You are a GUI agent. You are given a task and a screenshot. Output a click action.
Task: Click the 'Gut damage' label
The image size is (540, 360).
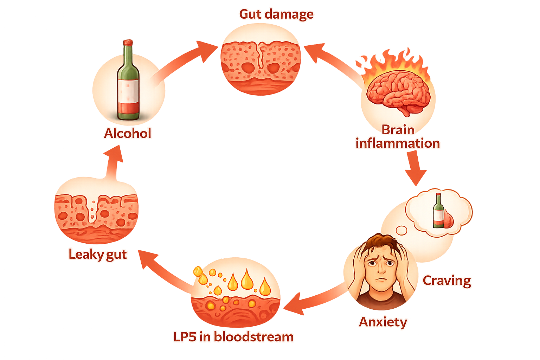point(276,14)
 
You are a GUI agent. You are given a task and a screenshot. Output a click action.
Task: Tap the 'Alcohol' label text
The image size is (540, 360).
point(128,134)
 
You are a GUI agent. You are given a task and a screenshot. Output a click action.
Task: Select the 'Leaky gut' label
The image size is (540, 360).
point(97,254)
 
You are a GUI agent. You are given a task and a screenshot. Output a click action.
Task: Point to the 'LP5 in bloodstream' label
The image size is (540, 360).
point(233,337)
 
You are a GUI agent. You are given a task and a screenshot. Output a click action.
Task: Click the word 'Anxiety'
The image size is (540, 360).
point(383,322)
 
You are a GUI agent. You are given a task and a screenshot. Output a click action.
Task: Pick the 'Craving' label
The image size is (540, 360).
point(446,281)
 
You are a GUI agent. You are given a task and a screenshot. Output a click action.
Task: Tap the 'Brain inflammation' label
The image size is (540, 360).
point(398,136)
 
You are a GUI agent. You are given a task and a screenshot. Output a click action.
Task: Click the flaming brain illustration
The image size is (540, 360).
point(398,88)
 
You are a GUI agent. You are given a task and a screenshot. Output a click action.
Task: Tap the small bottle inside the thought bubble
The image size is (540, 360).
point(438,211)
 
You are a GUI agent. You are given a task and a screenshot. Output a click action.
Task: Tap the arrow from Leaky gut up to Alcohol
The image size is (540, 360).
point(112,162)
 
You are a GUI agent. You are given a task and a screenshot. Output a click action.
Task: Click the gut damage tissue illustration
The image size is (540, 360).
point(261,63)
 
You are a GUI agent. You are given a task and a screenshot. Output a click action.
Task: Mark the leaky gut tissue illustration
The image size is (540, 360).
point(96,216)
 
